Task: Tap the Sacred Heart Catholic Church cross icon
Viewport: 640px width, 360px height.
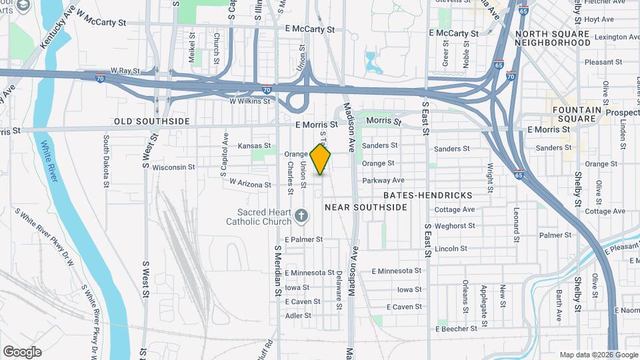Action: tap(301, 215)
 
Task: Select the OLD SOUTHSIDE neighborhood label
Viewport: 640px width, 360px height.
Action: tap(152, 121)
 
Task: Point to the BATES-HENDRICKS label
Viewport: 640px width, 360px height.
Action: tap(428, 195)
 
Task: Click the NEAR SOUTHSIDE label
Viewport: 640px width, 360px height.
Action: tap(365, 207)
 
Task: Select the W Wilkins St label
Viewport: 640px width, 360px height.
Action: tap(249, 101)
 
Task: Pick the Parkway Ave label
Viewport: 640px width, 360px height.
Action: tap(383, 181)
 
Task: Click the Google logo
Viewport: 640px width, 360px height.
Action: tap(22, 352)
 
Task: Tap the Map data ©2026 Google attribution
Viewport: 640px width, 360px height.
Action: tap(589, 355)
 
